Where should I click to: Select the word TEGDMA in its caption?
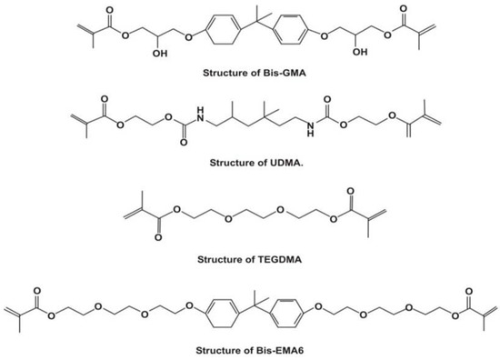pos(271,259)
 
